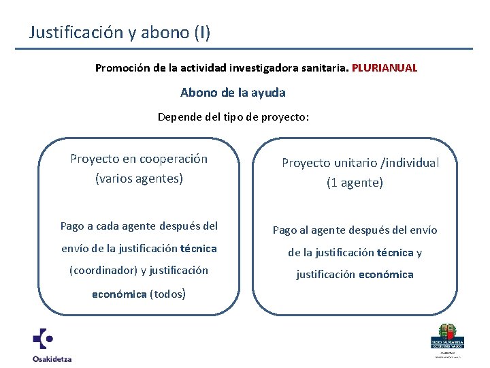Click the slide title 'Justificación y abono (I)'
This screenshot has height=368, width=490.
click(120, 32)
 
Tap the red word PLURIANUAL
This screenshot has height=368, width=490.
click(385, 68)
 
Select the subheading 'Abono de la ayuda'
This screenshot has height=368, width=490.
click(233, 92)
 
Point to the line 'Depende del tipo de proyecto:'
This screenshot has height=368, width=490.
click(233, 117)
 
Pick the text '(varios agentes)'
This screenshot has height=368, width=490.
click(139, 179)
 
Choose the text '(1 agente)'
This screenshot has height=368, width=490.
click(355, 183)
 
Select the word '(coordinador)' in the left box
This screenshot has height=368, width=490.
click(103, 270)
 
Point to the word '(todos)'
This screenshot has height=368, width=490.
click(167, 294)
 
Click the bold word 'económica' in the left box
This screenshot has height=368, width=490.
click(119, 294)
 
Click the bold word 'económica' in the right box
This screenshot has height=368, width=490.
click(387, 274)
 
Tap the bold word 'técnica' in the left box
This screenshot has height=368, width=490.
click(198, 248)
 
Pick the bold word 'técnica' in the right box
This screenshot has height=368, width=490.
click(395, 252)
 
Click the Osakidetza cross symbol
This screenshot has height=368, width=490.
click(44, 339)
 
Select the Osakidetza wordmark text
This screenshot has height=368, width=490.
click(52, 358)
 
